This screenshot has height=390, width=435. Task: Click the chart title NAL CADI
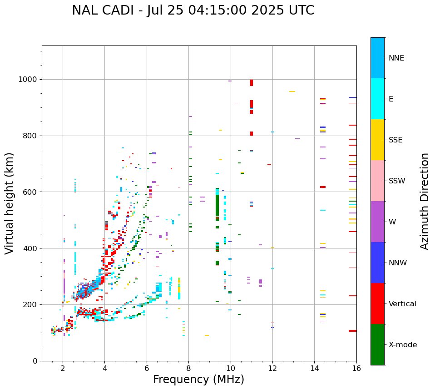[x=193, y=10]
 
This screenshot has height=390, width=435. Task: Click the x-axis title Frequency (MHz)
[x=198, y=380]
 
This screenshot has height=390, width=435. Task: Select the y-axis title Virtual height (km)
[x=10, y=203]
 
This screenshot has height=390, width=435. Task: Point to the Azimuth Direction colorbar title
[x=425, y=201]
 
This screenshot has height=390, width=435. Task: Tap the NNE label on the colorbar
[x=396, y=58]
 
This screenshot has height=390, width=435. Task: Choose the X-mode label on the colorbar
[x=402, y=345]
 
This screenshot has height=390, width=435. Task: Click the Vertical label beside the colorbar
[x=402, y=304]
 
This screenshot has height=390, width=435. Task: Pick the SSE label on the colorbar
[x=395, y=140]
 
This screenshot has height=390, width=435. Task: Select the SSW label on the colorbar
[x=396, y=181]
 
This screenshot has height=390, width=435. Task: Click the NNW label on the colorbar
[x=397, y=263]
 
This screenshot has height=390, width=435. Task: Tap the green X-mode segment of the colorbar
[x=377, y=344]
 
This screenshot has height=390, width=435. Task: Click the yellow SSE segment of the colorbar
[x=377, y=140]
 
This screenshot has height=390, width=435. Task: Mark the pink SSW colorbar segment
[x=377, y=181]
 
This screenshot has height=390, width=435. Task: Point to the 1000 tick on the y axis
[x=29, y=80]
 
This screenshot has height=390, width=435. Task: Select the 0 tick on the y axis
[x=35, y=361]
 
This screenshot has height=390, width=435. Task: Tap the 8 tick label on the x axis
[x=188, y=368]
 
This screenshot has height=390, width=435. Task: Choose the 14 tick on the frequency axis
[x=314, y=368]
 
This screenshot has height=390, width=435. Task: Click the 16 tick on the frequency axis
[x=356, y=368]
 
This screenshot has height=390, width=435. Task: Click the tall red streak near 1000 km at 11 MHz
[x=252, y=83]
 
